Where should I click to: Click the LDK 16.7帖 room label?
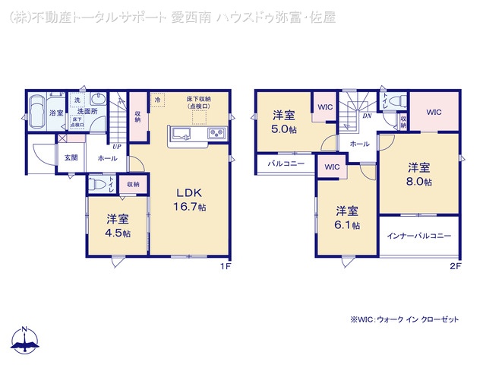(x=192, y=199)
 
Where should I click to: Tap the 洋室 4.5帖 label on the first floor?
(x=118, y=226)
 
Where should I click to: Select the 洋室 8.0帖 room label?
(x=418, y=174)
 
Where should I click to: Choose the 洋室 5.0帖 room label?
(x=284, y=122)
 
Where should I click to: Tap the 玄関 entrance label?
(x=71, y=157)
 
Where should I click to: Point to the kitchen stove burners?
(x=215, y=135)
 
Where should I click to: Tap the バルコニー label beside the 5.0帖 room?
(x=286, y=163)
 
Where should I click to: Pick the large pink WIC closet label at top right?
(x=433, y=113)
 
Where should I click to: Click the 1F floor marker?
(x=225, y=265)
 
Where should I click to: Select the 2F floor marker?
(x=455, y=265)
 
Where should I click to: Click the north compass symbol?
(x=25, y=338)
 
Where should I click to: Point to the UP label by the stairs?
(x=116, y=146)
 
